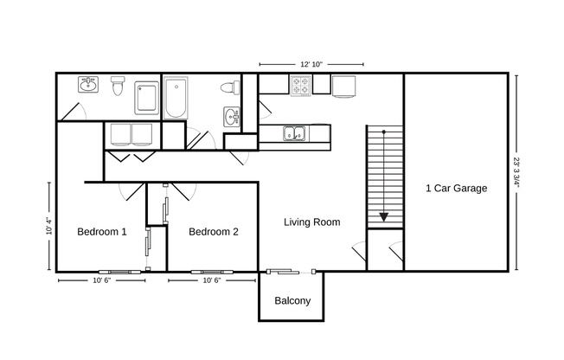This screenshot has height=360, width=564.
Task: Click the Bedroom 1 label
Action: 101,232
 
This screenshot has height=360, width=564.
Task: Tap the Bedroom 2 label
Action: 213,232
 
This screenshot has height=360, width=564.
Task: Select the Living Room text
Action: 311,222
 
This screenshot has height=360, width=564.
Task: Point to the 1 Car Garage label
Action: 456,189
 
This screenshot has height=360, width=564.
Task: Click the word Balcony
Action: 292,301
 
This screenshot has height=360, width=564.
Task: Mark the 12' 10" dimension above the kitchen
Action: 311,64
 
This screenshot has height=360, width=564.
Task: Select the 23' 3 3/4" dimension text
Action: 516,173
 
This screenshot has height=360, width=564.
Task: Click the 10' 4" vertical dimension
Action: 49,225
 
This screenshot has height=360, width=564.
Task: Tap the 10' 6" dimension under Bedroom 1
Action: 102,280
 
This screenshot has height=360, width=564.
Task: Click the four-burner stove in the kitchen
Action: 300,86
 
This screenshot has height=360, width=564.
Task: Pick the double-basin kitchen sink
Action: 295,133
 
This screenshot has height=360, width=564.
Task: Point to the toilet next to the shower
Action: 119,86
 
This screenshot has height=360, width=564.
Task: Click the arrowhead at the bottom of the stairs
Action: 383,217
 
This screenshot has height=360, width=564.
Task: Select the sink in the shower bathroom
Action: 87,85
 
